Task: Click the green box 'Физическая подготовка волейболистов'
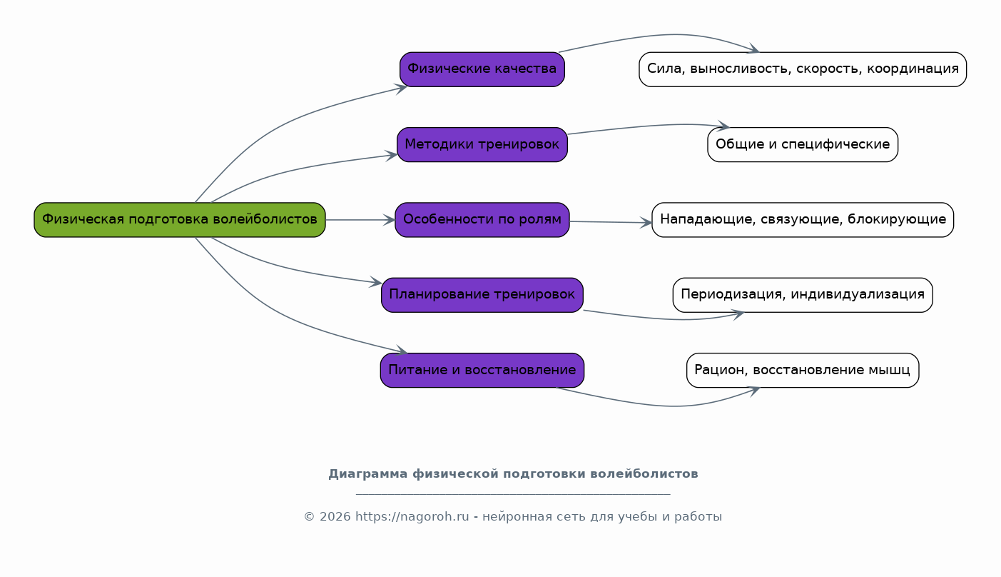180,220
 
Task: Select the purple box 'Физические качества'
482,69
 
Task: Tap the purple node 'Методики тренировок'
482,144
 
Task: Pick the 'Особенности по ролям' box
482,220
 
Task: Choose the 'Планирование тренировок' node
482,295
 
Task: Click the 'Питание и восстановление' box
482,370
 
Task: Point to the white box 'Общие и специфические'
803,144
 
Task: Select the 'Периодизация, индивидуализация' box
803,295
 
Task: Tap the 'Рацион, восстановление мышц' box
803,370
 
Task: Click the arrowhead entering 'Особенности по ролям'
390,220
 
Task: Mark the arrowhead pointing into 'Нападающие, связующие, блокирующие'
646,222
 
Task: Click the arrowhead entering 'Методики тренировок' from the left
392,155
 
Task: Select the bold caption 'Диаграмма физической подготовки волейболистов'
513,473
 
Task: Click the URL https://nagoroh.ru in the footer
412,516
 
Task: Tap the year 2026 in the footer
335,516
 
